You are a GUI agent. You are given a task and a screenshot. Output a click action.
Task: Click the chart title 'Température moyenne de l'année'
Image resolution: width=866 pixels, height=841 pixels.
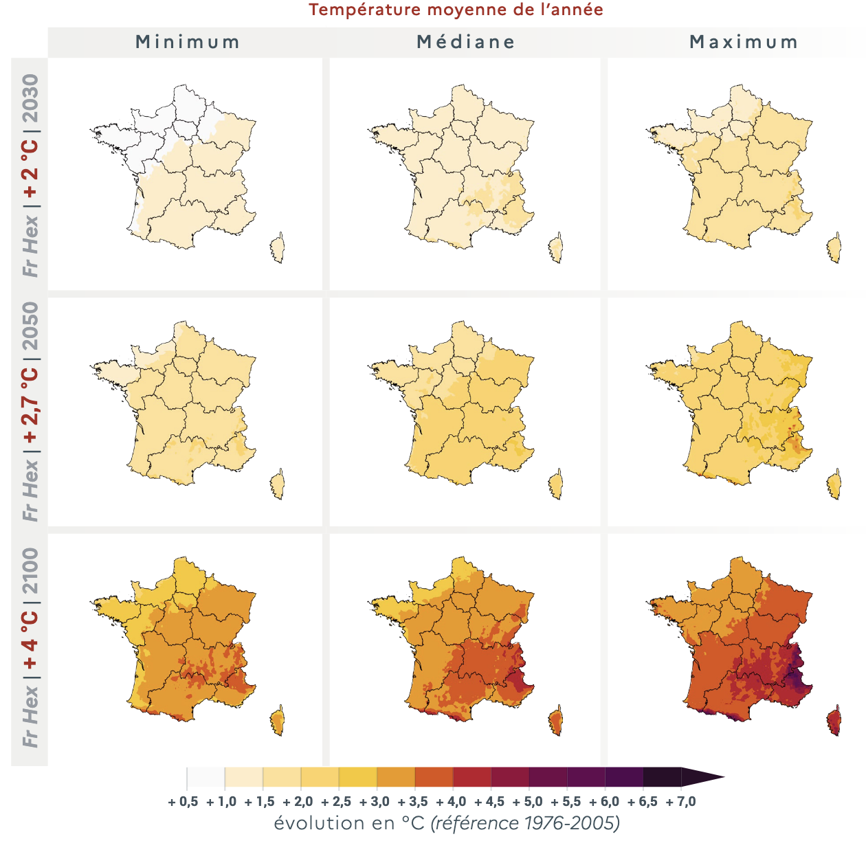click(456, 10)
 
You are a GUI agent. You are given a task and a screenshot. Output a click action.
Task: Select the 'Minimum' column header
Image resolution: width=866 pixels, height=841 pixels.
click(188, 43)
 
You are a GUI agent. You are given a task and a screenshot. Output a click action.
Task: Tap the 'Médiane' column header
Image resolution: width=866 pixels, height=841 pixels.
click(465, 43)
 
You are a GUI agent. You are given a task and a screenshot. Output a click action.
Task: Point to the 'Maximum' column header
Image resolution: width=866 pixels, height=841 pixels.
click(743, 43)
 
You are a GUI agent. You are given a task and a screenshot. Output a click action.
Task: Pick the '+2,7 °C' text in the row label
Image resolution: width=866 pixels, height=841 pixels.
click(31, 405)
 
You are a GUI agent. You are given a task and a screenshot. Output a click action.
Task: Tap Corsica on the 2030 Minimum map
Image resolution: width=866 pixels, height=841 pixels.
click(278, 248)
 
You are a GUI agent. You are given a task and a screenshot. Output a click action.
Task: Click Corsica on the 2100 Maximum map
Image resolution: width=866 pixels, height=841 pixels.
click(834, 721)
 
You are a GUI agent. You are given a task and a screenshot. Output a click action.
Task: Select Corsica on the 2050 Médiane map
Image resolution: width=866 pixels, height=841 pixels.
click(556, 484)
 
